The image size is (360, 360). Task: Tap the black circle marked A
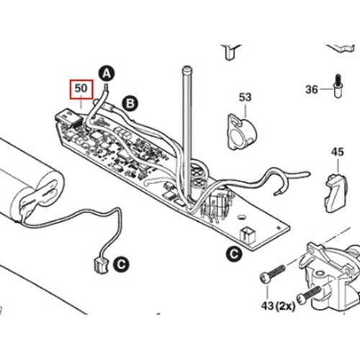pos(106,73)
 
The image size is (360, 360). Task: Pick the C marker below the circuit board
pos(233,253)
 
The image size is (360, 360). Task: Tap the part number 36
pos(311,89)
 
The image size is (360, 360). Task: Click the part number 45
pos(337,152)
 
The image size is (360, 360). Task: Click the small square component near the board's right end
pos(249,233)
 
